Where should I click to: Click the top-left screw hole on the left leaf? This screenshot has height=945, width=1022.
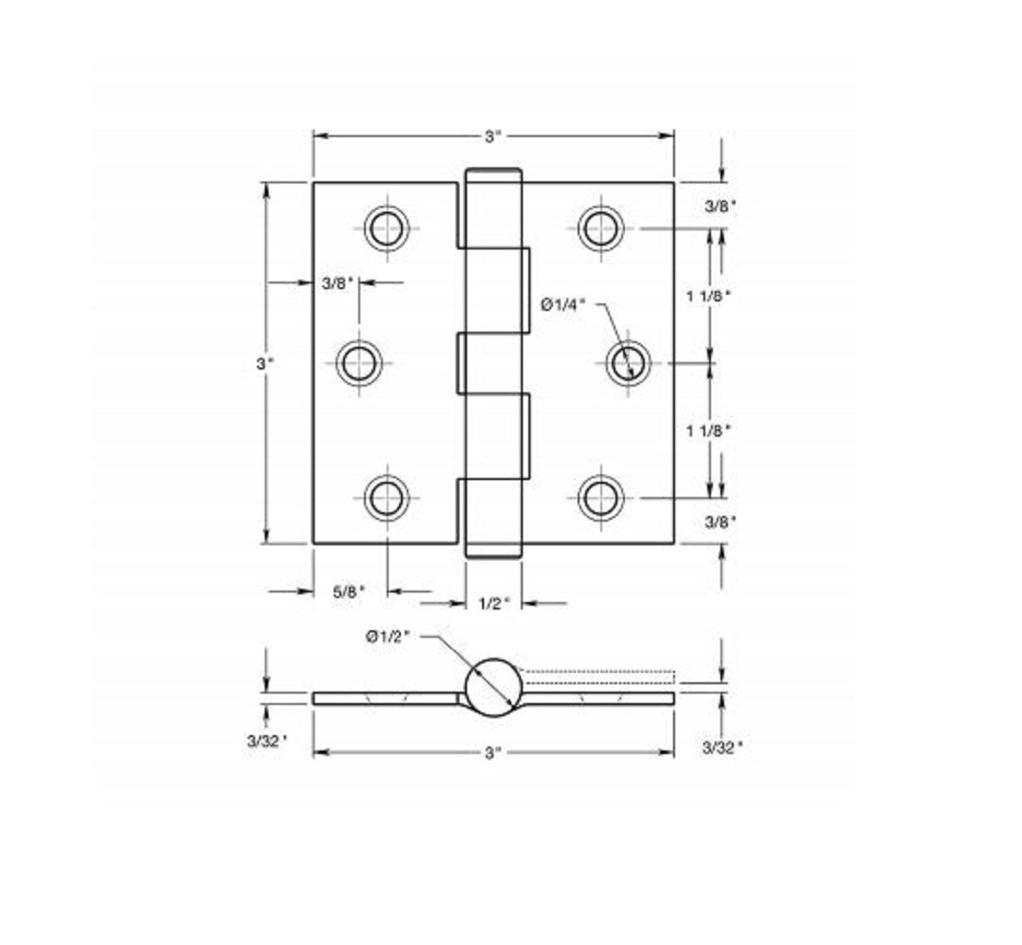[x=387, y=227]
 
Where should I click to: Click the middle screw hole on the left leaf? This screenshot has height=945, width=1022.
[x=359, y=363]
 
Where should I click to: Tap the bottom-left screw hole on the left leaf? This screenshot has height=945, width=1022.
[x=387, y=497]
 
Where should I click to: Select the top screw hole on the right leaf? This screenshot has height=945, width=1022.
[x=600, y=227]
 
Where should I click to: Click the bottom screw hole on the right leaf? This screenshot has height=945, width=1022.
[x=600, y=497]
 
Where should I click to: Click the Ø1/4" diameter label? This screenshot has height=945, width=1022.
[x=563, y=303]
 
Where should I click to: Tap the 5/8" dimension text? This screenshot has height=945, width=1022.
[x=348, y=592]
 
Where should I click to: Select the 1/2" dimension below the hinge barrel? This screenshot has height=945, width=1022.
[x=494, y=603]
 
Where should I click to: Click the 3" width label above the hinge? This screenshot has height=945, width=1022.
[x=493, y=136]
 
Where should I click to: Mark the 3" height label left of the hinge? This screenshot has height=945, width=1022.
[x=267, y=363]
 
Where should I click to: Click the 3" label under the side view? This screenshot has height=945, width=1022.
[x=493, y=752]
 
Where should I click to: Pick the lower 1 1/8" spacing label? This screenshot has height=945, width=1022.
[x=709, y=430]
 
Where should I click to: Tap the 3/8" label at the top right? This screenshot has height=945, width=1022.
[x=721, y=206]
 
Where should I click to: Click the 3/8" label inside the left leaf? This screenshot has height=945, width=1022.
[x=338, y=282]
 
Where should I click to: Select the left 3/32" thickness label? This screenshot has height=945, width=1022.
[x=268, y=741]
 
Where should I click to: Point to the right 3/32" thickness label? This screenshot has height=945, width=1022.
[x=722, y=747]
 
